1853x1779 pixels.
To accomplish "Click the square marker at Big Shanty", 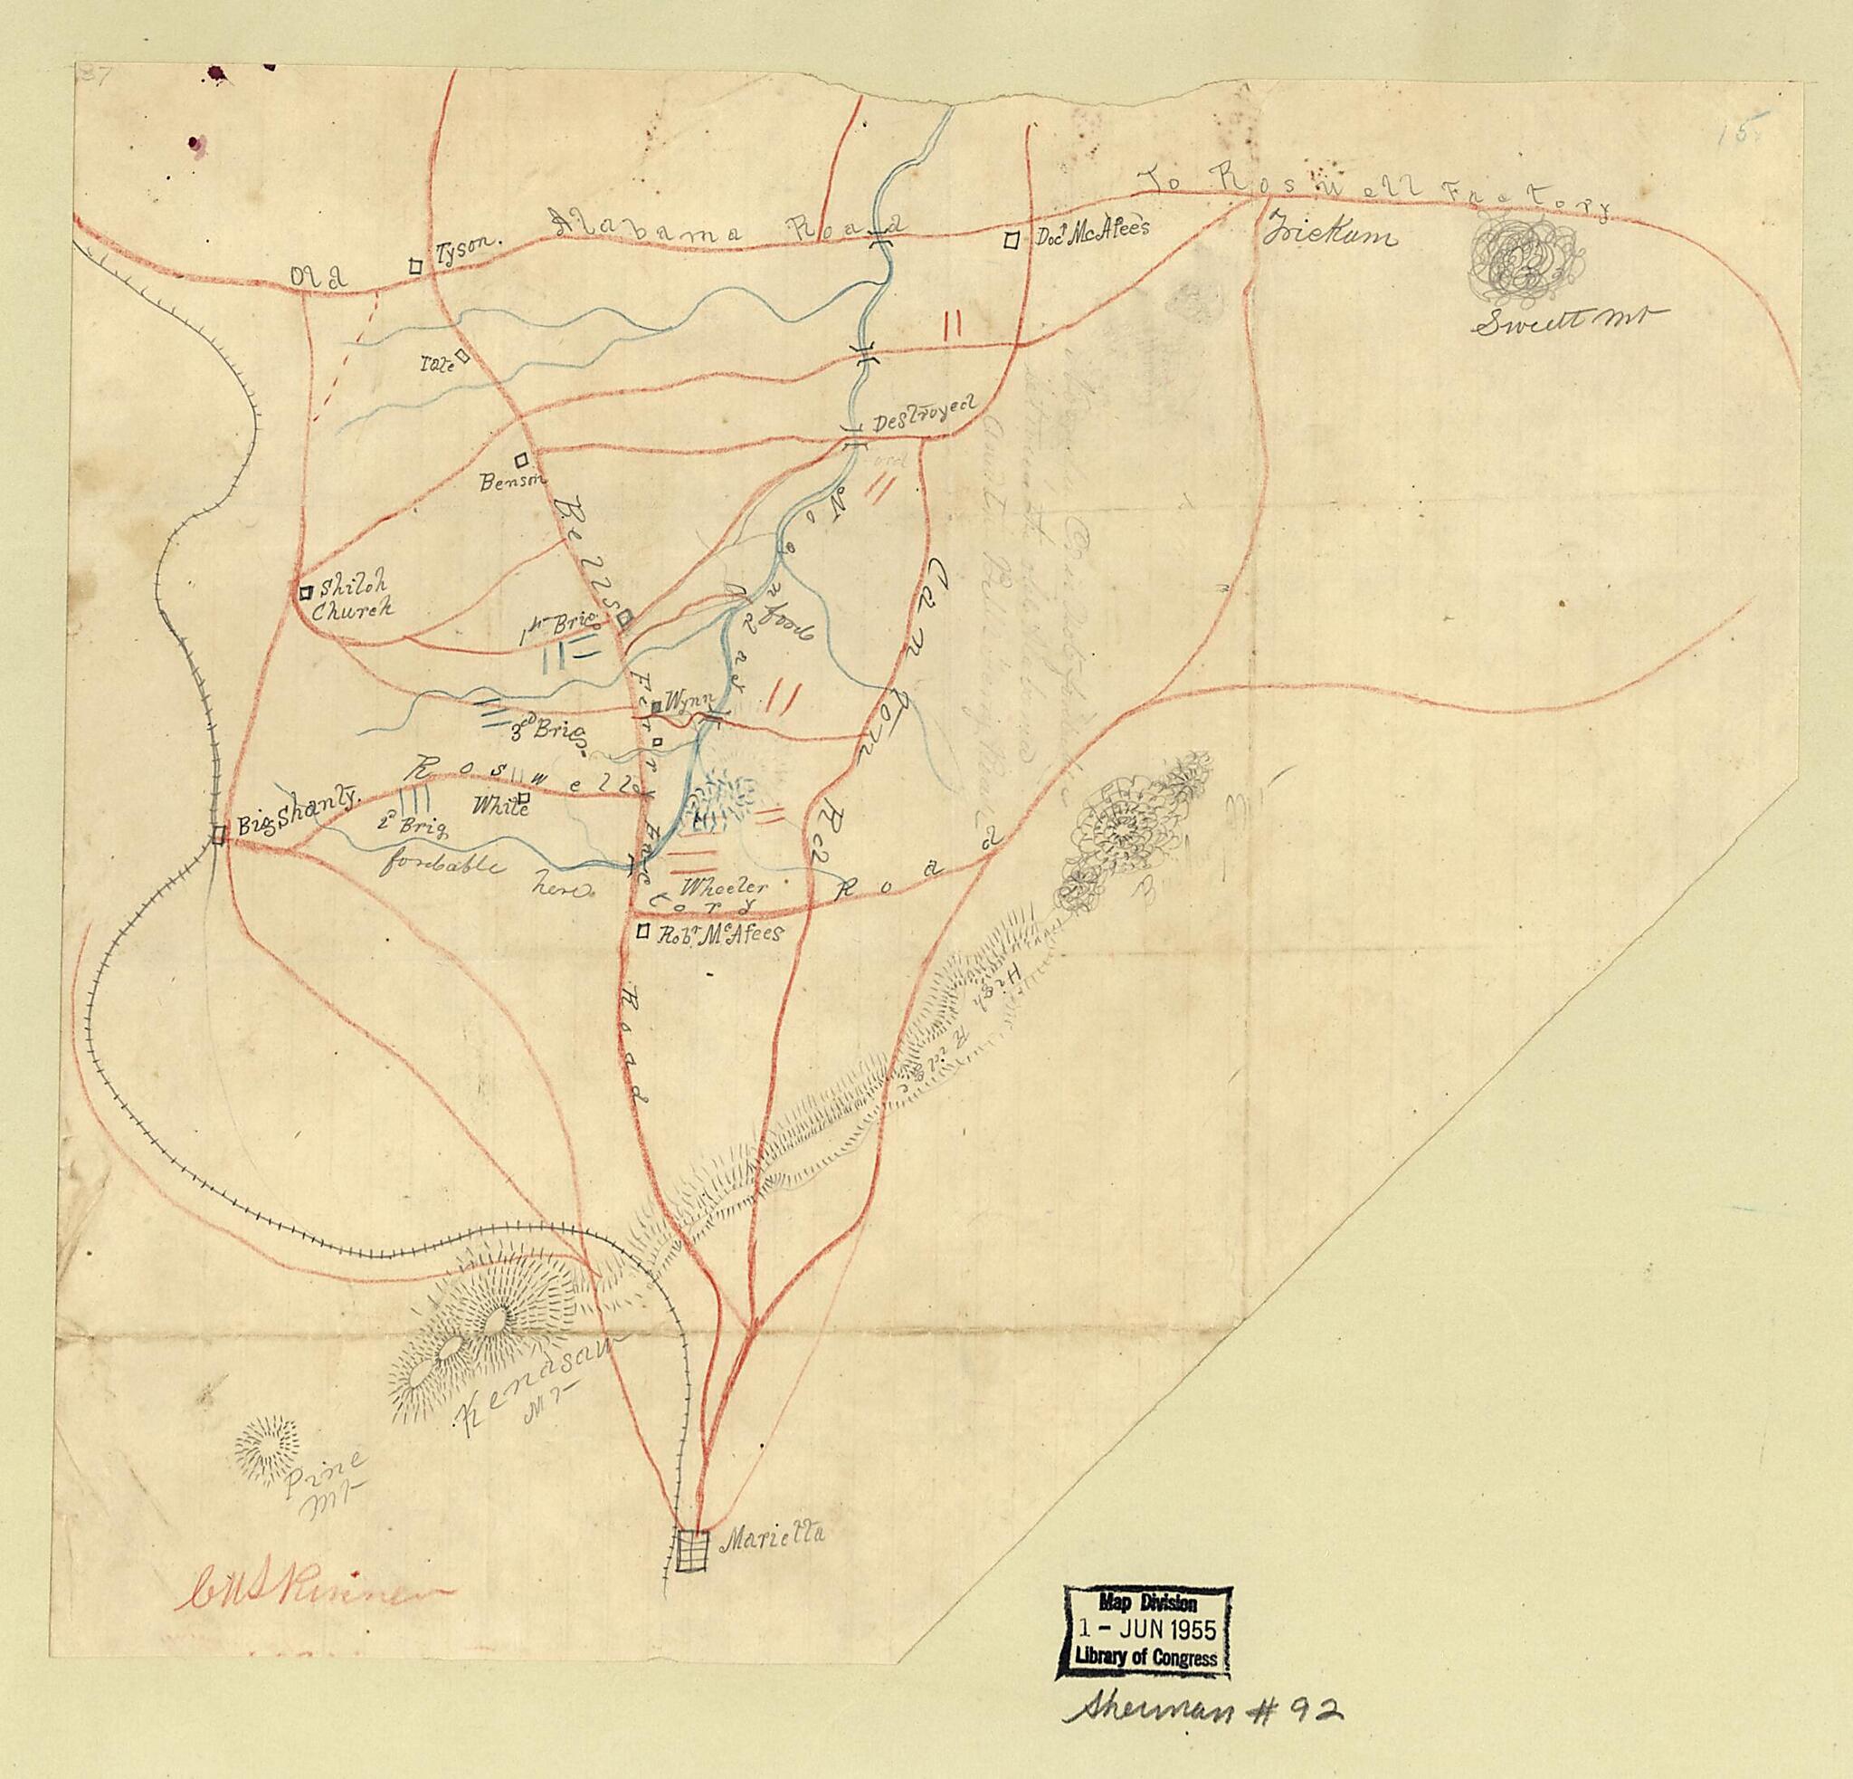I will (218, 835).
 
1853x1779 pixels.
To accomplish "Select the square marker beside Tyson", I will (414, 267).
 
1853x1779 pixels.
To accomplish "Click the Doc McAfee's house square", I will (1012, 240).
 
